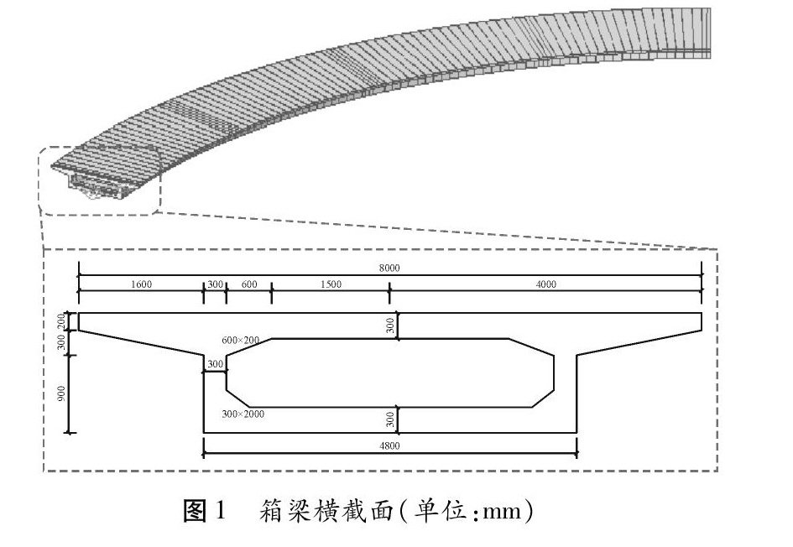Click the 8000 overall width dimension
point(389,268)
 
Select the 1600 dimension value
point(141,284)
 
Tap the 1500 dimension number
point(331,284)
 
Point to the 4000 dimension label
point(545,284)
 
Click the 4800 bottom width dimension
point(389,446)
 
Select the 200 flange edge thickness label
point(62,320)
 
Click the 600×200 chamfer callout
point(240,340)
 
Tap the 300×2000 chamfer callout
point(243,414)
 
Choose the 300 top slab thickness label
point(390,326)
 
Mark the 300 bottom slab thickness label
point(390,419)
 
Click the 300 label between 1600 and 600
point(215,284)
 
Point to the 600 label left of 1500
point(249,284)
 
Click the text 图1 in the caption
point(205,510)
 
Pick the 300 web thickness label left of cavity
point(215,364)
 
